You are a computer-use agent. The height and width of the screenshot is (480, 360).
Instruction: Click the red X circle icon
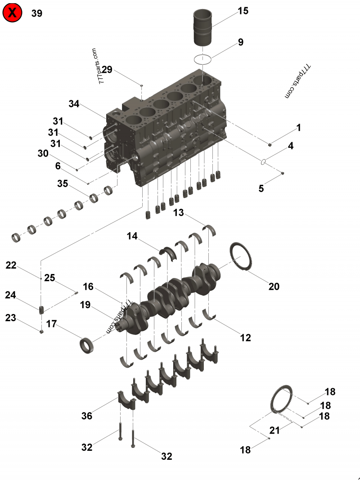point(13,13)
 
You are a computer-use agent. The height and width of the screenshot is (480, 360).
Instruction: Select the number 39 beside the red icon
point(37,13)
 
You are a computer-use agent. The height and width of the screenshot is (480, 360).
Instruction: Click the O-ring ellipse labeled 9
point(203,59)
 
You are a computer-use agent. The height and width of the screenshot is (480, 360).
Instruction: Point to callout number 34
point(74,104)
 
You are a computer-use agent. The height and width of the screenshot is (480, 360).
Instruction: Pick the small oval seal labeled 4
point(265,161)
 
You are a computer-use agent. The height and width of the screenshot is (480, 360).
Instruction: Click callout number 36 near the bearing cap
point(87,416)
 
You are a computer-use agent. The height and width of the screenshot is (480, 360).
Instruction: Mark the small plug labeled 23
point(41,332)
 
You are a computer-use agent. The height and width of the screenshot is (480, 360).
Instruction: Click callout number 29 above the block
point(107,69)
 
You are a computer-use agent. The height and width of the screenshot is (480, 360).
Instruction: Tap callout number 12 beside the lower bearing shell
point(245,337)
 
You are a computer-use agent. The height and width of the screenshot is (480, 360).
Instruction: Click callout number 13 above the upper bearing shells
point(179,213)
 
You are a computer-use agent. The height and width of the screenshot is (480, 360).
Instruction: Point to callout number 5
point(261,188)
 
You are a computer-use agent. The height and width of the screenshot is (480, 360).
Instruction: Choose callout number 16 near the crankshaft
point(88,287)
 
